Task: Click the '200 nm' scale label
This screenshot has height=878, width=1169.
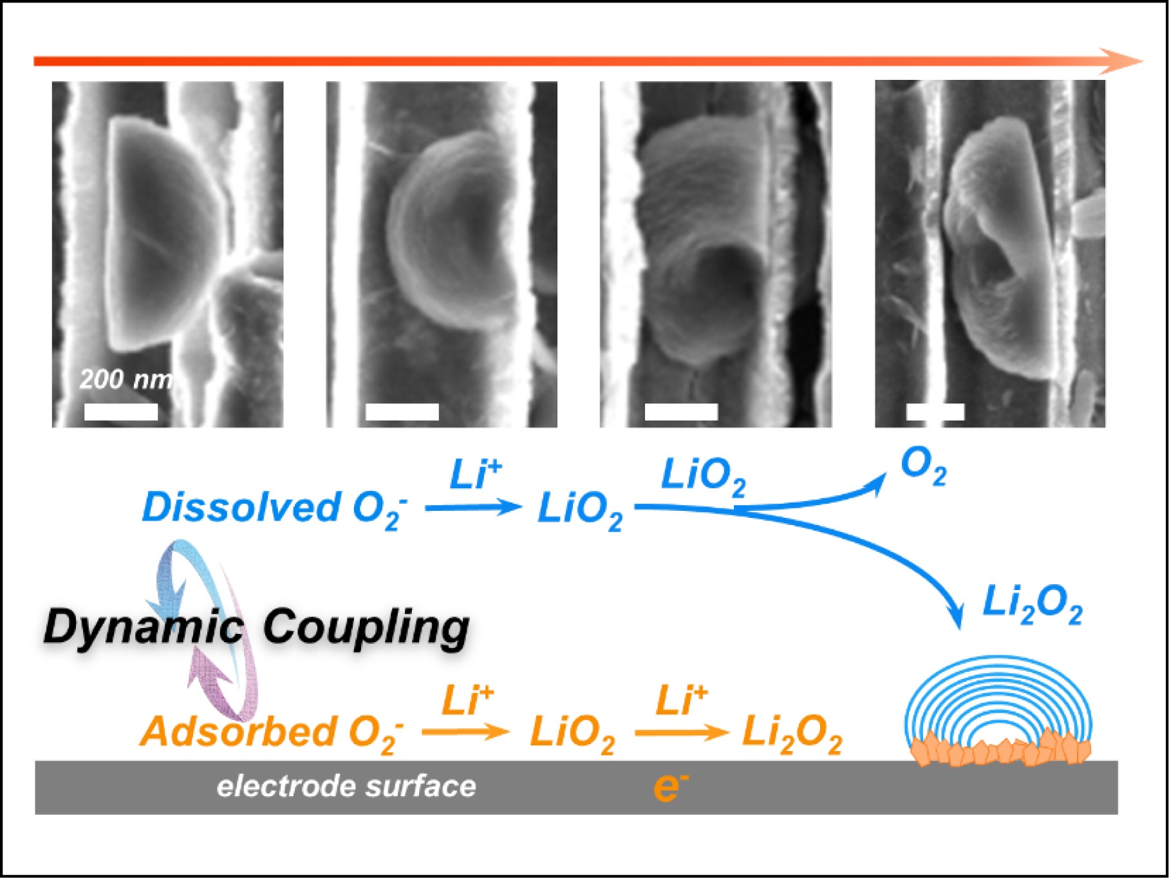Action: (x=126, y=379)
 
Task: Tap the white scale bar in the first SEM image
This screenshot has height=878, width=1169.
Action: (x=121, y=412)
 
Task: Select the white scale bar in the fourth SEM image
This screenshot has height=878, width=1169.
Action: (x=935, y=412)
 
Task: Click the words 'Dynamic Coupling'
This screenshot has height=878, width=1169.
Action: (x=256, y=627)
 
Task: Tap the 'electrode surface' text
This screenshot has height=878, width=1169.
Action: (x=346, y=787)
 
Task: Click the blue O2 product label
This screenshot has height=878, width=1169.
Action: (x=923, y=466)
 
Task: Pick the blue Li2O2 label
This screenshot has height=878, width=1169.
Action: (x=1032, y=606)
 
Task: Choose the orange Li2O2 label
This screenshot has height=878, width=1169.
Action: (x=792, y=735)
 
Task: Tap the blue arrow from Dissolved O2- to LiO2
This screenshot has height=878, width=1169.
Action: (x=473, y=508)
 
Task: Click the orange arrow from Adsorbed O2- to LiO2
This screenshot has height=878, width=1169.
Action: (x=465, y=732)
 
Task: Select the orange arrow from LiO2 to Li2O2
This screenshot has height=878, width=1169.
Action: (x=681, y=732)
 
